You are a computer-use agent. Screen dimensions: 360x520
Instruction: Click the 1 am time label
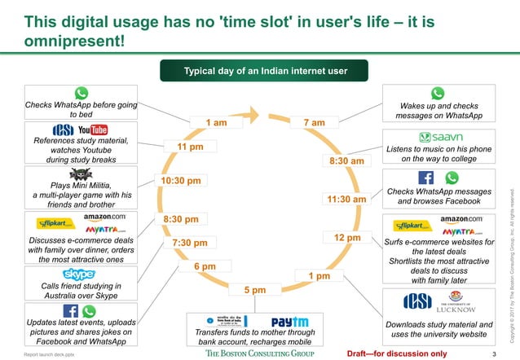click(x=217, y=123)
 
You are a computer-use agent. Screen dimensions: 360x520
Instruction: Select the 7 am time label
click(x=315, y=123)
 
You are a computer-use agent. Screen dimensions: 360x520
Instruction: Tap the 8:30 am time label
click(x=346, y=161)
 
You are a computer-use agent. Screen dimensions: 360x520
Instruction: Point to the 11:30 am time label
click(x=346, y=199)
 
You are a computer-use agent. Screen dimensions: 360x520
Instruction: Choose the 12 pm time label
click(x=347, y=237)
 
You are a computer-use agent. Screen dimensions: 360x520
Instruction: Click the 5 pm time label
click(x=255, y=290)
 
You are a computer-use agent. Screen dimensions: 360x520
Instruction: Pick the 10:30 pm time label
click(x=181, y=181)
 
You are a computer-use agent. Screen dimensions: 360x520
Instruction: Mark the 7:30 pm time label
click(x=190, y=243)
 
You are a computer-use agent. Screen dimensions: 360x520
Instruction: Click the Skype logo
click(x=80, y=274)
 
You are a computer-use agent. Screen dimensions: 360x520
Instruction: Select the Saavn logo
click(x=441, y=138)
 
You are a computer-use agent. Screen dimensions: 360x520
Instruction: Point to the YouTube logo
click(x=93, y=130)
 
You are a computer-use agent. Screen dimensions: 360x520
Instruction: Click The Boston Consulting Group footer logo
click(x=260, y=354)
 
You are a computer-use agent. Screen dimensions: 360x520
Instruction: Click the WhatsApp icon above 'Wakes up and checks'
click(x=438, y=94)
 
